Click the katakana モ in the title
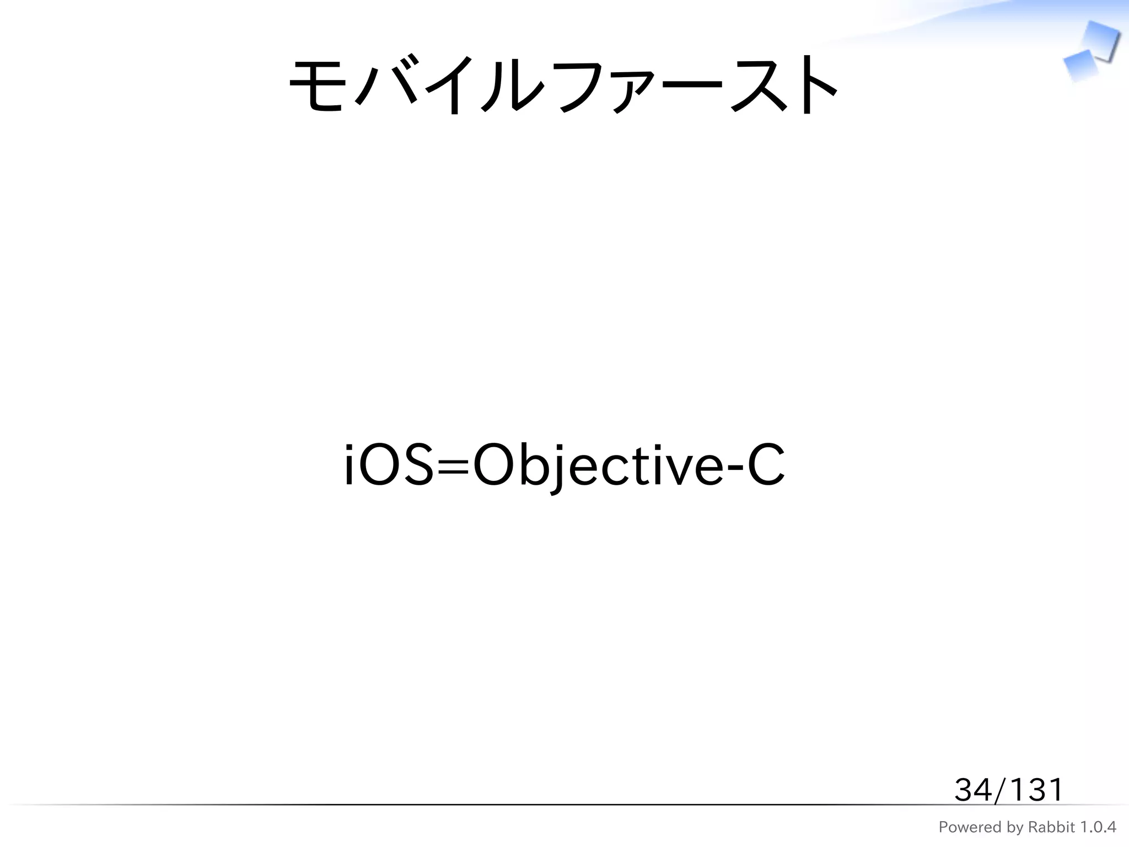click(x=317, y=85)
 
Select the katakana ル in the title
click(x=512, y=85)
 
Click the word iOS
click(x=388, y=466)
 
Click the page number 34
click(x=973, y=790)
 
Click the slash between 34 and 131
click(x=1000, y=790)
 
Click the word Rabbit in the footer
click(x=1051, y=827)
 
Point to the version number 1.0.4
click(x=1097, y=827)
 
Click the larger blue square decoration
click(x=1099, y=40)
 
